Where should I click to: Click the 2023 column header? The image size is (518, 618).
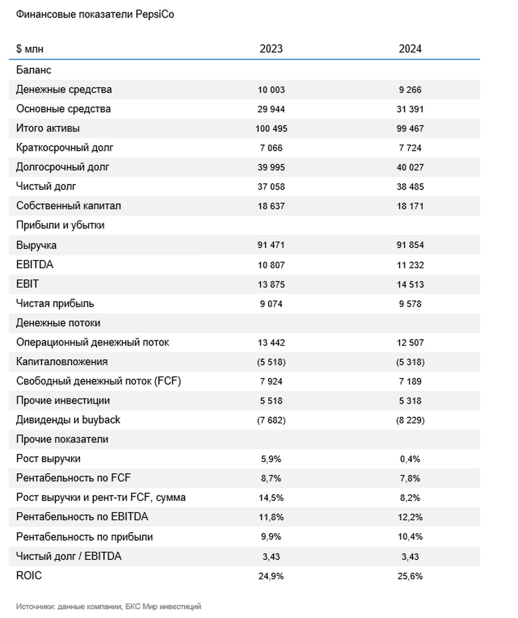coord(271,48)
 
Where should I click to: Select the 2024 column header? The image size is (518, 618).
coord(410,48)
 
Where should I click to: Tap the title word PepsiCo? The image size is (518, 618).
coord(155,14)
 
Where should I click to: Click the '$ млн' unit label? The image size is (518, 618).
coord(30,49)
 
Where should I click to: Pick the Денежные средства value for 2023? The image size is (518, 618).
coord(271,90)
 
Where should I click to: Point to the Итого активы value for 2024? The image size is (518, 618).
coord(410,129)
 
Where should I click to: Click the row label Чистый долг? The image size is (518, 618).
coord(46,186)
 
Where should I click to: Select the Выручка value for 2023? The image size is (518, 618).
coord(271,245)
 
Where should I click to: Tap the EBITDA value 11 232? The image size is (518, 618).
coord(410,265)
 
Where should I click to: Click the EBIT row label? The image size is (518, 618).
coord(27,284)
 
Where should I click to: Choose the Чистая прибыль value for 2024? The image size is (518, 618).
coord(410,304)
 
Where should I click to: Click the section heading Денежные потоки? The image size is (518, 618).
coord(58,323)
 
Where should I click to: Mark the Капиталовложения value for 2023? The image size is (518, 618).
coord(271,362)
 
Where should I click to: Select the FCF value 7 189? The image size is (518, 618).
coord(410,381)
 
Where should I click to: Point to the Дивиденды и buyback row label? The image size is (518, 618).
coord(68,419)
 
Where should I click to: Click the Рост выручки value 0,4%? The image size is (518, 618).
coord(410,459)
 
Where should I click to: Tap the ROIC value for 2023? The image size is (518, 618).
coord(271,576)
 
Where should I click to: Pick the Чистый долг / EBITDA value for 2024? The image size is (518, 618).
coord(410,557)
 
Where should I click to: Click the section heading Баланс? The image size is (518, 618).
coord(33,70)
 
